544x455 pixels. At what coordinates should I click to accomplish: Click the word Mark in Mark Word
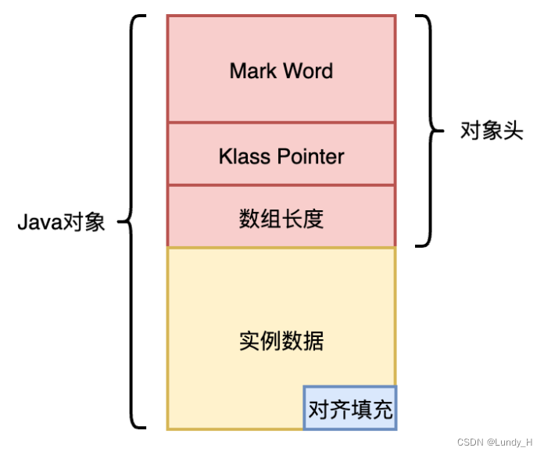click(253, 71)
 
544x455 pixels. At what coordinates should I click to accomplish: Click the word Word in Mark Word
click(308, 71)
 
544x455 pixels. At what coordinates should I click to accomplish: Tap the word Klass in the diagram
click(242, 156)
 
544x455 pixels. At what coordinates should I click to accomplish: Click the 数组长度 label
click(281, 218)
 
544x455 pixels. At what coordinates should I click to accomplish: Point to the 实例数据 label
click(281, 341)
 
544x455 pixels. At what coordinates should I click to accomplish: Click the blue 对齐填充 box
click(350, 409)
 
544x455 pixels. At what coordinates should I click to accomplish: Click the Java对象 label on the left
click(61, 223)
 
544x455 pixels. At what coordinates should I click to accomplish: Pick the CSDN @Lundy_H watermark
click(494, 442)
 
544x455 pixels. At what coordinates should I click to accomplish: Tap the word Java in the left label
click(39, 223)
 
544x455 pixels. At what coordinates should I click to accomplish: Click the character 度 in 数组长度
click(313, 218)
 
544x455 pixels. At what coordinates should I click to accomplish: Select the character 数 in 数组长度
click(249, 218)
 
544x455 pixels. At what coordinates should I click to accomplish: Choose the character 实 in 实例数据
click(249, 341)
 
